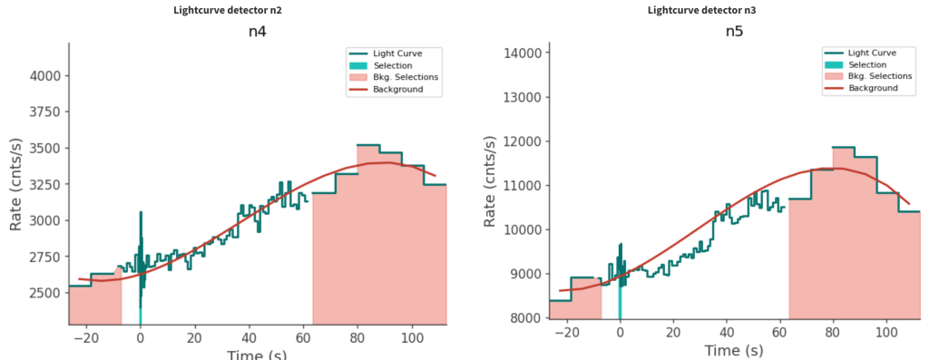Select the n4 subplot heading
[x=257, y=32]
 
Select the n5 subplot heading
[x=734, y=32]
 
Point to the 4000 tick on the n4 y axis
[x=44, y=76]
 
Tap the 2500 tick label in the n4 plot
[x=44, y=293]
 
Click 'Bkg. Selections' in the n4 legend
[x=406, y=77]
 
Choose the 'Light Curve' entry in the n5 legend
[x=872, y=54]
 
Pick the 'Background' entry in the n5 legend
[x=874, y=88]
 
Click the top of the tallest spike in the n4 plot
[x=141, y=211]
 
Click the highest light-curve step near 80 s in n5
[x=844, y=147]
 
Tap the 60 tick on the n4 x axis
[x=304, y=338]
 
